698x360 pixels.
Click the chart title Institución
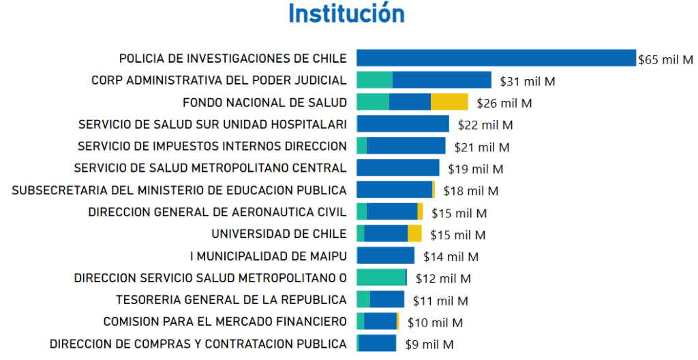point(346,14)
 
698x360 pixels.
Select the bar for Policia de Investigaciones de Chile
point(496,58)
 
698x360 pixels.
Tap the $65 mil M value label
point(665,59)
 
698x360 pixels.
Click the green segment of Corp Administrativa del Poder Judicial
point(374,80)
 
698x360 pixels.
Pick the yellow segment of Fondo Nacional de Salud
point(449,102)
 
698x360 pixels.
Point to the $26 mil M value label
point(504,103)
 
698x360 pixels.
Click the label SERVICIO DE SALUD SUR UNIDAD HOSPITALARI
point(212,124)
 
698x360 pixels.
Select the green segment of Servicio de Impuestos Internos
point(361,145)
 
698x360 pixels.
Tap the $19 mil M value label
point(476,168)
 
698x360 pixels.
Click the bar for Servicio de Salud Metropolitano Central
point(398,168)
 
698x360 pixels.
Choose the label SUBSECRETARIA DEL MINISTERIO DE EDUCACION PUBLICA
point(179,190)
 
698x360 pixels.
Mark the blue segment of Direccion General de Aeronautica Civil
point(392,211)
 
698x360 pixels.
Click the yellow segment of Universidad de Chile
point(414,233)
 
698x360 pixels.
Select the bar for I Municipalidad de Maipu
point(385,256)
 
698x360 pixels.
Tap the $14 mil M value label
point(451,256)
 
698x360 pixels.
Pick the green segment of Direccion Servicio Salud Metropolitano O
point(380,277)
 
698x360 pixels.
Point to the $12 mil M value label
point(443,278)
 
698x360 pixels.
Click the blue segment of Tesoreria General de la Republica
point(386,299)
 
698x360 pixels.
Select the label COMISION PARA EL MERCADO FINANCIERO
point(225,321)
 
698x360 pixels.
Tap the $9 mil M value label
point(429,344)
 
